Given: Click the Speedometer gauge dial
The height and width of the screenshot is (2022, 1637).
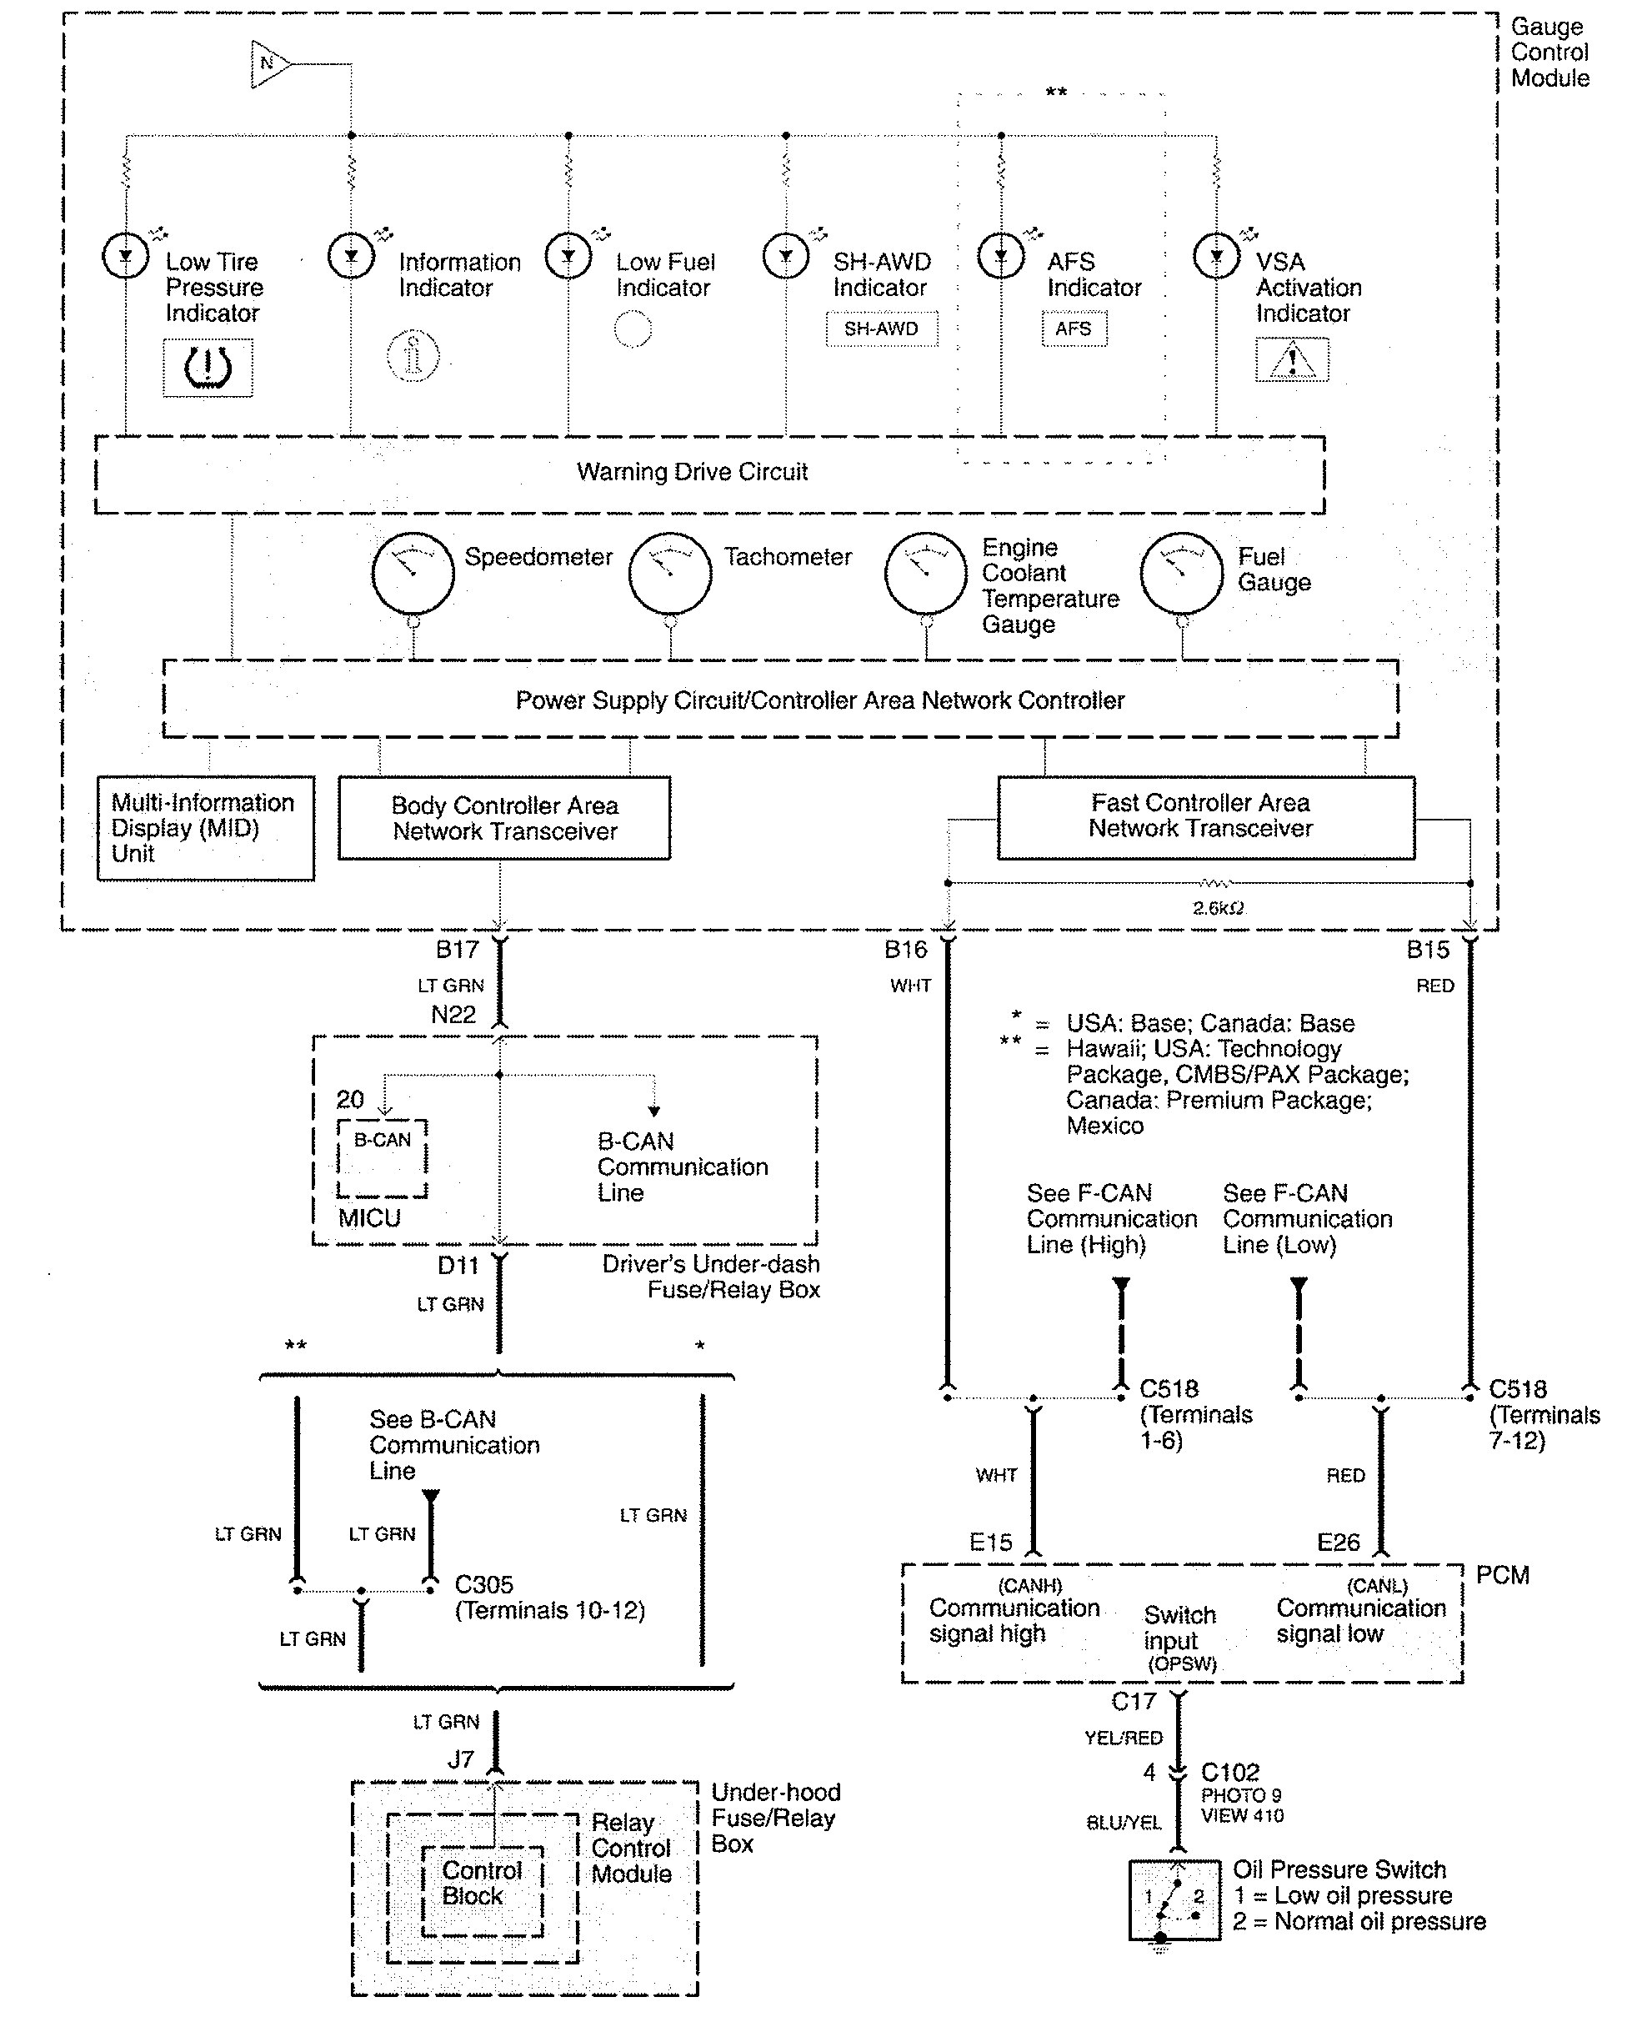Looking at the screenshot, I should click(x=413, y=573).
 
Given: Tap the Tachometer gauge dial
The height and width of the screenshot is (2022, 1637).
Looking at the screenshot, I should click(x=669, y=573).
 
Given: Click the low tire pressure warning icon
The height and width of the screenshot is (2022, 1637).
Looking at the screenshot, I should click(x=208, y=367).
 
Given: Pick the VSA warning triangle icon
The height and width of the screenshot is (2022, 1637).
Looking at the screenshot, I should click(x=1292, y=359).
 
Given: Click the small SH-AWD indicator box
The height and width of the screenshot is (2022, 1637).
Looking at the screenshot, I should click(x=882, y=329).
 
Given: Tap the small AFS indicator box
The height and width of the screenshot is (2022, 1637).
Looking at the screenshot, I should click(x=1074, y=329).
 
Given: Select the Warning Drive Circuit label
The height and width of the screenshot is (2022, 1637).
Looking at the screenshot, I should click(x=692, y=472).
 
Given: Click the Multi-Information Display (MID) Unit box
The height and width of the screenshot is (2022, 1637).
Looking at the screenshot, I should click(x=206, y=828).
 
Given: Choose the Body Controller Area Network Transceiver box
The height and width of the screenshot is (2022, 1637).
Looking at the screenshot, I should click(x=504, y=818).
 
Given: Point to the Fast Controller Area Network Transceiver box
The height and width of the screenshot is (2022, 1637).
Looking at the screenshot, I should click(x=1205, y=817).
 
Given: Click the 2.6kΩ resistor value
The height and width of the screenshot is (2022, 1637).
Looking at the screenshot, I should click(x=1218, y=908).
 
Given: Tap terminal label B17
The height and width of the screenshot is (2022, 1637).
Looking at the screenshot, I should click(x=458, y=950).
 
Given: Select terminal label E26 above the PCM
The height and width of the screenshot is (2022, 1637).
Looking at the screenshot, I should click(x=1338, y=1543).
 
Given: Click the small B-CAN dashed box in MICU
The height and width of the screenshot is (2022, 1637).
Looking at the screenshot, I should click(x=383, y=1158).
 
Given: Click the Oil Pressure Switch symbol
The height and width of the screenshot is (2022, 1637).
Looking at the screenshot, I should click(x=1175, y=1899).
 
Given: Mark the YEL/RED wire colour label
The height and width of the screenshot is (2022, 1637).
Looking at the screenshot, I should click(x=1123, y=1737).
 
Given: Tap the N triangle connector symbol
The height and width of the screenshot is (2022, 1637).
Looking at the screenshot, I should click(x=268, y=64).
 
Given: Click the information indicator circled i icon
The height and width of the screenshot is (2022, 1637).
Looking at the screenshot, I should click(x=413, y=355).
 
